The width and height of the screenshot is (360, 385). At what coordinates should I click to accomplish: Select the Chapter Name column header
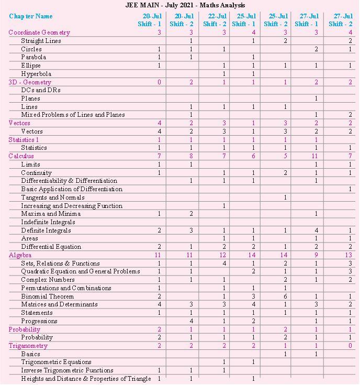coord(31,16)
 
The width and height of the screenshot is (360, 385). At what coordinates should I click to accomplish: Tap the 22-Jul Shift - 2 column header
coord(215,20)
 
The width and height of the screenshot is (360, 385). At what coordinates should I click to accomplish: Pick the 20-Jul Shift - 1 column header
coord(150,20)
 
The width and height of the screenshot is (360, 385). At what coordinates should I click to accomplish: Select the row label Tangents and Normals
coord(53,197)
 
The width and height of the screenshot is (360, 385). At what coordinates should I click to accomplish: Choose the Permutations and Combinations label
coord(66,288)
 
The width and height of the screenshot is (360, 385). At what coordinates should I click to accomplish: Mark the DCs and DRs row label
coord(41,90)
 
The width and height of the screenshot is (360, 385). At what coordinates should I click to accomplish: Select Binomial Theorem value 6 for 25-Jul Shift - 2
coord(285,296)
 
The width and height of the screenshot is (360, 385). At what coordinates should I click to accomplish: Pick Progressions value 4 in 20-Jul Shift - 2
coord(192,321)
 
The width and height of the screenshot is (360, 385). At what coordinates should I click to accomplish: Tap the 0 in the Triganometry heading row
coord(350,346)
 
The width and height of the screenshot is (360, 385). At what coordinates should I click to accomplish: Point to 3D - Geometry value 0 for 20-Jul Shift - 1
coord(159,82)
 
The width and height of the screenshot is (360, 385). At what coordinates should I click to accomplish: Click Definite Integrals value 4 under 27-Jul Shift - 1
coord(317,230)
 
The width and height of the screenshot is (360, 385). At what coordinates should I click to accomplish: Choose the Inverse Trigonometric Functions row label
coord(67,370)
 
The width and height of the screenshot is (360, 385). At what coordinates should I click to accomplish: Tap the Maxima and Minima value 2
coord(192,214)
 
